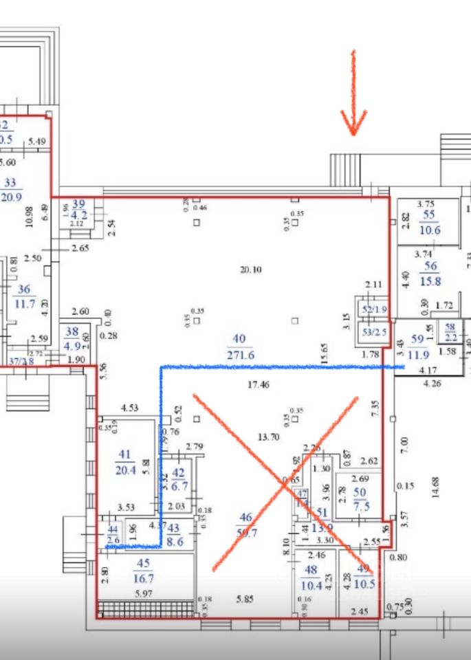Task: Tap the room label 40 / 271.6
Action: [x=239, y=347]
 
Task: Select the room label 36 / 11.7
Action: [x=25, y=297]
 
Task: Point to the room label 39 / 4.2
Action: [x=79, y=209]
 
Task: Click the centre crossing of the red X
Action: [x=285, y=485]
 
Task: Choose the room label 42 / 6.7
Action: [x=179, y=479]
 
